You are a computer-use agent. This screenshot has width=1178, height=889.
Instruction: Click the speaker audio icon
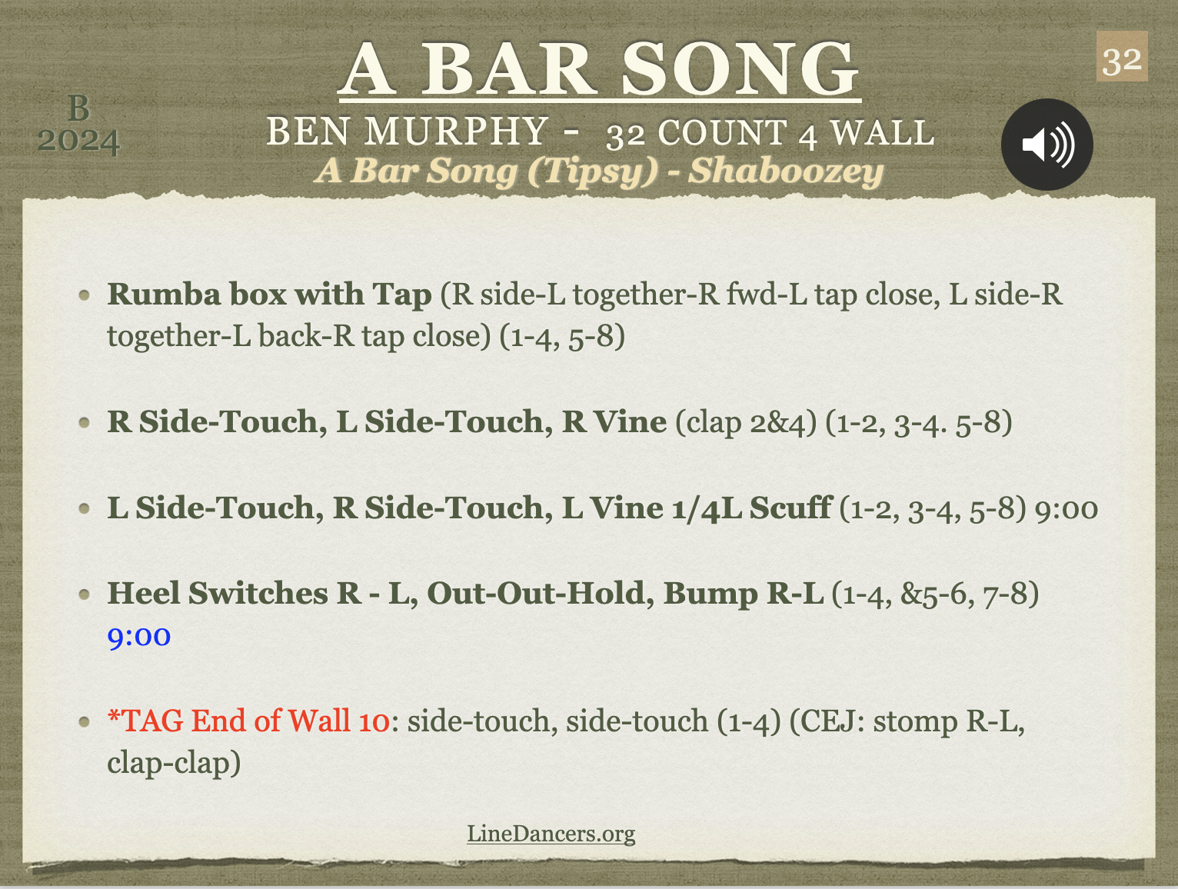[x=1047, y=145]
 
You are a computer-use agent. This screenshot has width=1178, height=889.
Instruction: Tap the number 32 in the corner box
[x=1122, y=62]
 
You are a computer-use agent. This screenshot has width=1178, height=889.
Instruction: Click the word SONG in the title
[x=740, y=68]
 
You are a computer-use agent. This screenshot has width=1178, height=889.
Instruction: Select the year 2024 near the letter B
[x=78, y=141]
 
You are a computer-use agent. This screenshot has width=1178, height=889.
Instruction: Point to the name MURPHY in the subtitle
[x=456, y=131]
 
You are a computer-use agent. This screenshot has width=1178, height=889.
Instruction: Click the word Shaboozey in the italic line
[x=786, y=171]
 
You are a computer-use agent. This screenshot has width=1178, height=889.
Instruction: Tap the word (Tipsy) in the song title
[x=593, y=171]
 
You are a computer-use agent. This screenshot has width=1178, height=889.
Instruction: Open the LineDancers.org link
[x=551, y=833]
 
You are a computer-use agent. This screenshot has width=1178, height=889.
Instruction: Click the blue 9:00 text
[x=139, y=637]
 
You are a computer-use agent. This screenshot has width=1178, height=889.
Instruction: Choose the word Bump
[x=710, y=594]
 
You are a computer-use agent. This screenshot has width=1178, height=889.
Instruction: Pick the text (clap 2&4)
[x=746, y=421]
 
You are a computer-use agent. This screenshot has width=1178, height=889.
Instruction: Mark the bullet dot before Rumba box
[x=85, y=295]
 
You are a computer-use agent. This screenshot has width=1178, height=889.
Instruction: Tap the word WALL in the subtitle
[x=882, y=132]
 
